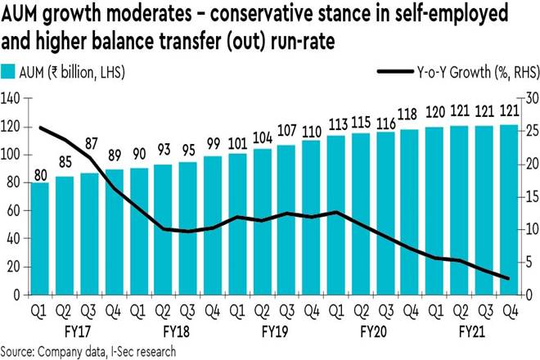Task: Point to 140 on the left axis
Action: [x=11, y=98]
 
